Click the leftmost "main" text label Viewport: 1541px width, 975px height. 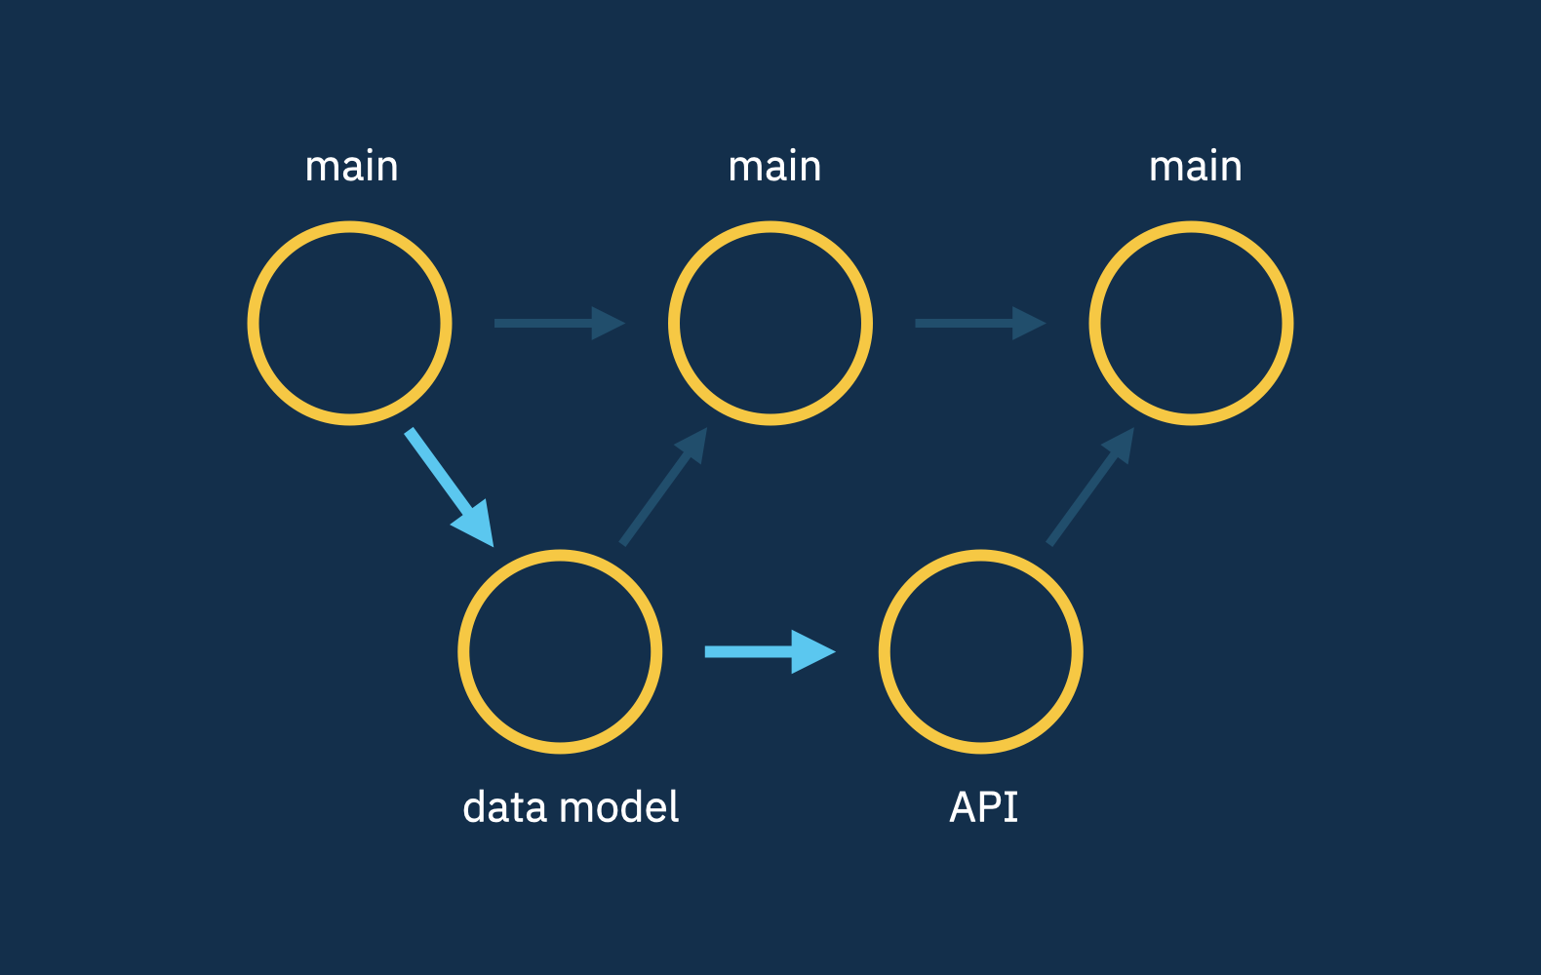(x=351, y=168)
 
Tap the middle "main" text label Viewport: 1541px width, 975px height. (x=774, y=168)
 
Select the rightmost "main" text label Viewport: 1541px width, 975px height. (x=1195, y=168)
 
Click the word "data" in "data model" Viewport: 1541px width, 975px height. (x=503, y=807)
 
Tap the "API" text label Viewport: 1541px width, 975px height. (x=983, y=807)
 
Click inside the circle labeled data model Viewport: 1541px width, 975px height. (x=560, y=651)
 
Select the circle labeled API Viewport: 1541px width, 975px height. (x=980, y=651)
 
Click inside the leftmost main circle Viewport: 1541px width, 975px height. (x=349, y=323)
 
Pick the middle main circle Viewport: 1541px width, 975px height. (x=770, y=323)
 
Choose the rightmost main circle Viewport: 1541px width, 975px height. (x=1191, y=323)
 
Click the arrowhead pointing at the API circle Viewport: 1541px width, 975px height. (x=811, y=651)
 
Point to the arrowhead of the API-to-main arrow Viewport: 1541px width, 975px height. (x=1120, y=446)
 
